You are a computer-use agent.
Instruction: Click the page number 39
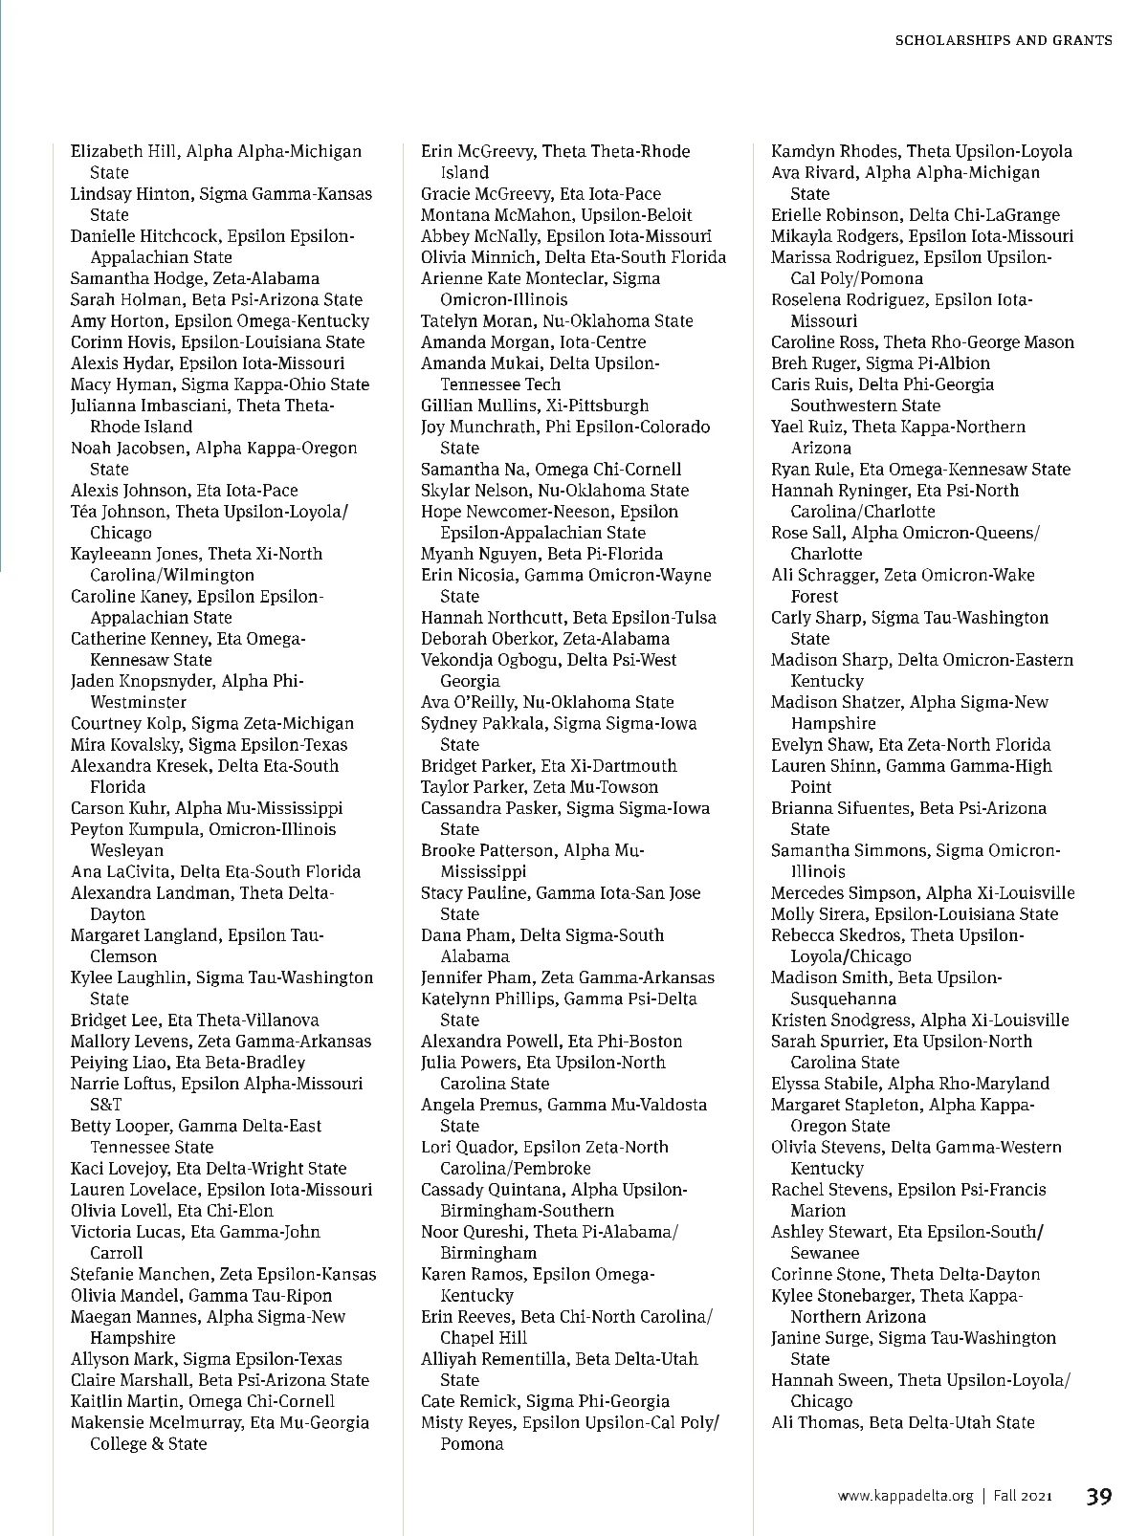(1098, 1496)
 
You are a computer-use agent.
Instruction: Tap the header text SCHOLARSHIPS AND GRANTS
(1003, 40)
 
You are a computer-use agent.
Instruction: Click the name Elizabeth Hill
(124, 151)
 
